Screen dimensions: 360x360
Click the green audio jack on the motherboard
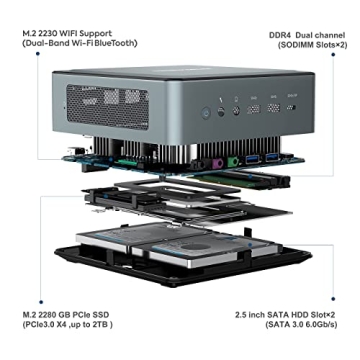pos(231,160)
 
